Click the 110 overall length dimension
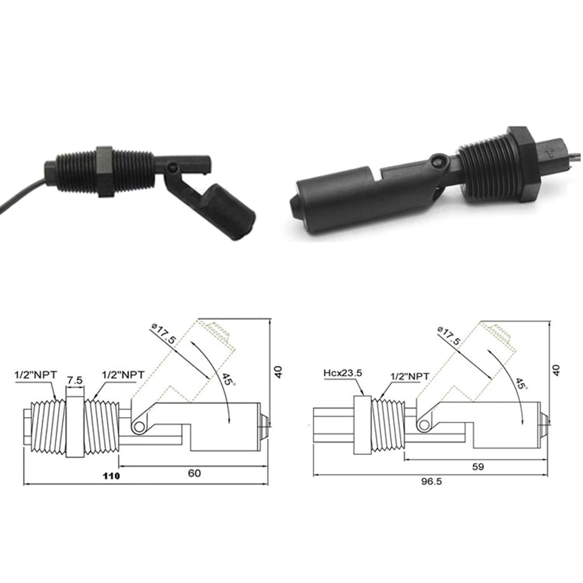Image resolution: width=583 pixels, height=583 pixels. (x=112, y=475)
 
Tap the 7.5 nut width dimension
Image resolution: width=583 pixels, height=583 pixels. (x=75, y=381)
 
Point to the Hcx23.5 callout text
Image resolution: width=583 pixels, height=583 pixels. (x=343, y=373)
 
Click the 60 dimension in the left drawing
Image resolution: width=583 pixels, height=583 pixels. (x=194, y=473)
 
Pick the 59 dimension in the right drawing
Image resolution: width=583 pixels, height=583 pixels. (x=478, y=466)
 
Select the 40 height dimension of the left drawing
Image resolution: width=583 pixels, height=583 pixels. (x=278, y=372)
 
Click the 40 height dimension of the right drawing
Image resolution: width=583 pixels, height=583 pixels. (x=556, y=370)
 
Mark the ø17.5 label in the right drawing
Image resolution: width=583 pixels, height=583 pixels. (x=450, y=335)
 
